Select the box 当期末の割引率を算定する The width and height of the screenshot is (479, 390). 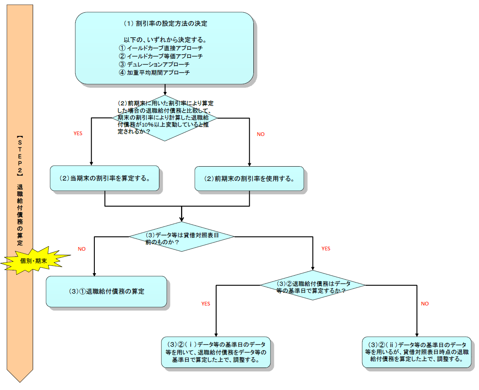pos(104,178)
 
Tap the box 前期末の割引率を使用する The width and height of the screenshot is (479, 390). pos(249,179)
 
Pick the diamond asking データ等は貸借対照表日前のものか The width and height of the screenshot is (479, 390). pos(181,236)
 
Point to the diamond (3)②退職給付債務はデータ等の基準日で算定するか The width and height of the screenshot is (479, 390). pos(313,285)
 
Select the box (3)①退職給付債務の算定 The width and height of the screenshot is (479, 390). pos(106,292)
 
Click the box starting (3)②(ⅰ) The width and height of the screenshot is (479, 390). pos(216,352)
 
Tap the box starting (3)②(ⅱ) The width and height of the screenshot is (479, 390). pos(416,352)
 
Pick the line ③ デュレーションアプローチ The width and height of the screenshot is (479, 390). pos(154,65)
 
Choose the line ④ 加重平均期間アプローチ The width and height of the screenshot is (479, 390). pos(154,73)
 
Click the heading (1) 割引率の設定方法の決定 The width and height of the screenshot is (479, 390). pos(165,24)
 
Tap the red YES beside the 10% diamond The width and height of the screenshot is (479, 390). pos(78,134)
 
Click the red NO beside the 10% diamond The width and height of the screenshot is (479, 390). pos(260,134)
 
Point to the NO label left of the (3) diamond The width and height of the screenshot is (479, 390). pos(82,249)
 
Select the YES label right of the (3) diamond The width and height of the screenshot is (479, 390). pos(326,249)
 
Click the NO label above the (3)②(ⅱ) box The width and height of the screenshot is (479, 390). pos(425,304)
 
